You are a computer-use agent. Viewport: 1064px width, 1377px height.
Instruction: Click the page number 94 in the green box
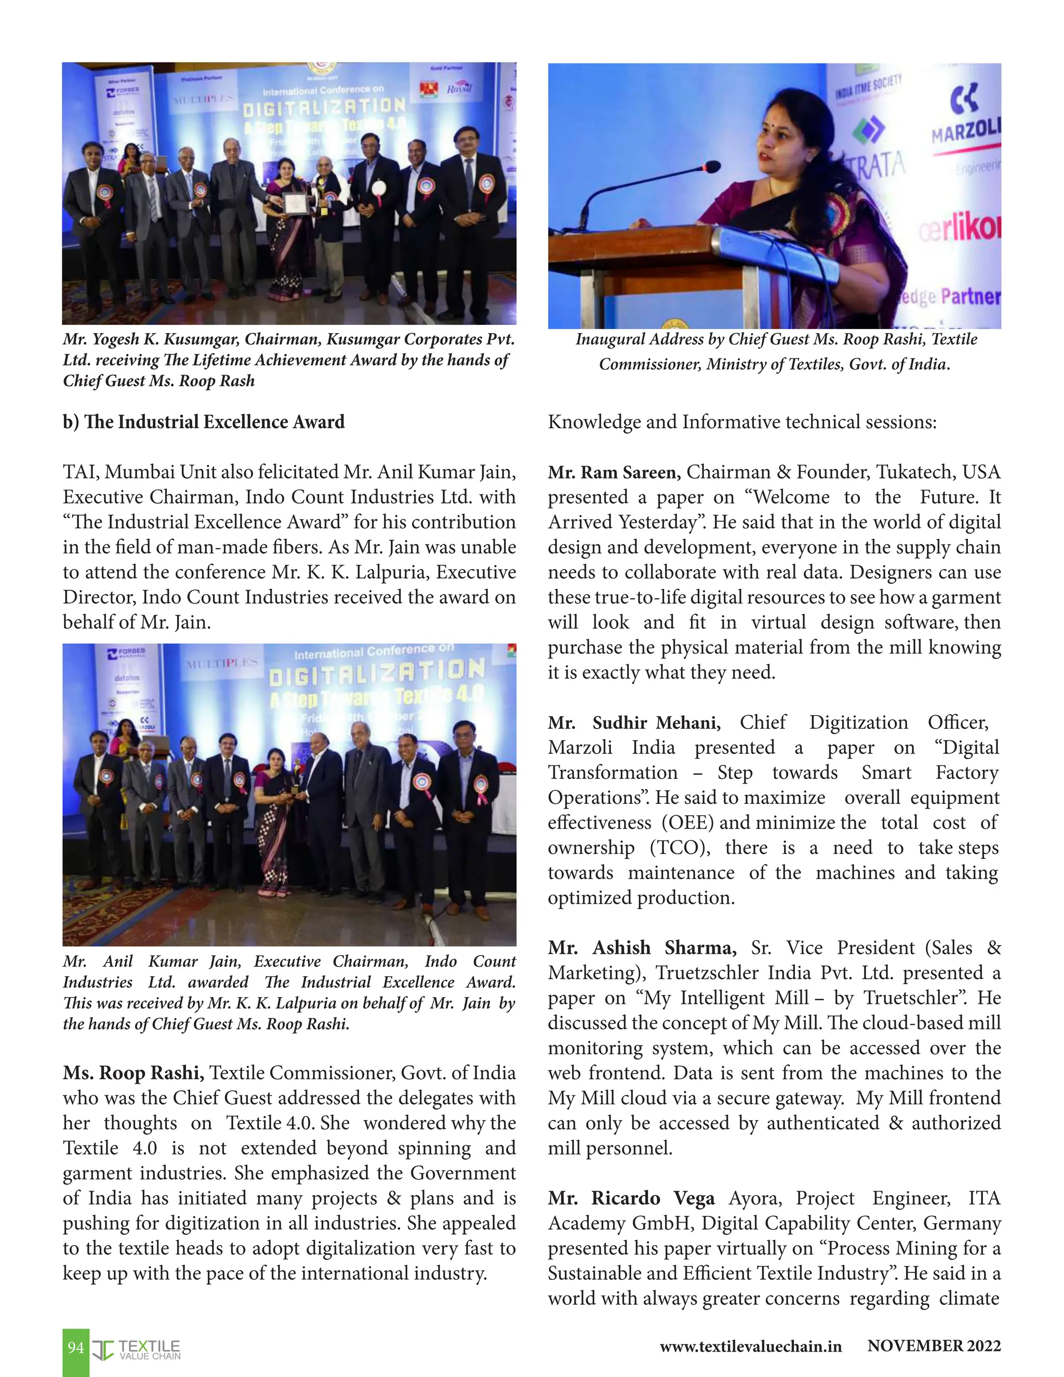coord(76,1348)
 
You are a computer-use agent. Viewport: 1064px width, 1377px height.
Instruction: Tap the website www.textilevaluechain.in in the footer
coord(750,1347)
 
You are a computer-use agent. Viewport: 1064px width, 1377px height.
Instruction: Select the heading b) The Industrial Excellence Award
coord(204,422)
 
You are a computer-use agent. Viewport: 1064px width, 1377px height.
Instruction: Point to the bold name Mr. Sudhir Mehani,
coord(633,723)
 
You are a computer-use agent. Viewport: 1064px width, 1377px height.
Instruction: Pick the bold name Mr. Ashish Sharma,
coord(642,948)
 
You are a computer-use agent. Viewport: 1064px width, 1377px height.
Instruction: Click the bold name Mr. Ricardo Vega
coord(631,1198)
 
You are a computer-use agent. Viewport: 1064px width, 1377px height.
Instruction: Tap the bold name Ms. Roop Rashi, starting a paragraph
coord(133,1073)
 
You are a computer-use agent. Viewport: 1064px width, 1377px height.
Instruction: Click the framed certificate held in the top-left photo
coord(294,204)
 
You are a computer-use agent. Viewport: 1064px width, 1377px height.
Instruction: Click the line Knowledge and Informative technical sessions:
coord(742,422)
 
